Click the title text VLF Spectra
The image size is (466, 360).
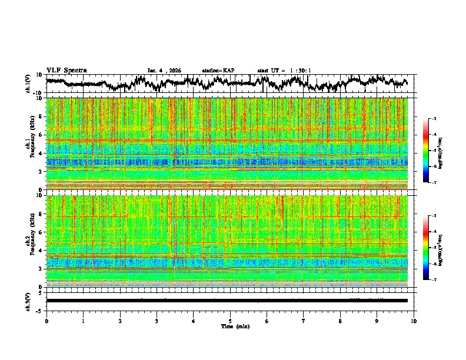[x=66, y=70]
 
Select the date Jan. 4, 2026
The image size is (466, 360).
[x=164, y=71]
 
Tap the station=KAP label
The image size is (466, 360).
[x=218, y=71]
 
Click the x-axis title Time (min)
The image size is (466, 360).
[x=235, y=326]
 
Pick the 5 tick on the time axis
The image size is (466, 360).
[x=230, y=321]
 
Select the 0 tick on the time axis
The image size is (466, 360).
[x=46, y=321]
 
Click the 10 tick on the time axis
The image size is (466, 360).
[x=414, y=321]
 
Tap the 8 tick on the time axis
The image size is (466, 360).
[x=341, y=321]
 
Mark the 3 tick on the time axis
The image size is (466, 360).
[x=157, y=321]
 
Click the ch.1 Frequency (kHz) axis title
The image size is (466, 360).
[x=29, y=144]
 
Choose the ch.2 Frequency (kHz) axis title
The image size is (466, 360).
[x=29, y=241]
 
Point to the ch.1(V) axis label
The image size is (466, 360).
[x=29, y=84]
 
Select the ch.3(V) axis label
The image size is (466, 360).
[x=29, y=300]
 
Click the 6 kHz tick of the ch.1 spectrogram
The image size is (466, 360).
[x=41, y=135]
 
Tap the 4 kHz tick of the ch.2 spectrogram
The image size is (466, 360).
[x=41, y=250]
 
